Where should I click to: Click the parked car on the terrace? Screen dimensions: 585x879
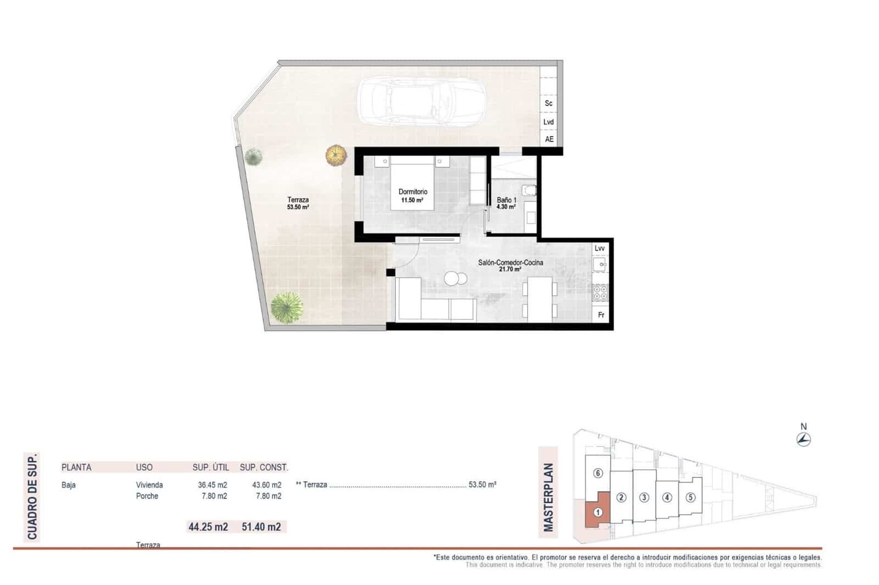point(422,101)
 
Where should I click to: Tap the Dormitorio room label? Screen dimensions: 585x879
point(413,195)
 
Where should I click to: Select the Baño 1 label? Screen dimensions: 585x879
point(506,203)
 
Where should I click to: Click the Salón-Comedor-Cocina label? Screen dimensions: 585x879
point(510,266)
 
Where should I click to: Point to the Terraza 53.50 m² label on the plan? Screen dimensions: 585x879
point(298,204)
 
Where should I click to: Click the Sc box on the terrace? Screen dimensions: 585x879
point(548,103)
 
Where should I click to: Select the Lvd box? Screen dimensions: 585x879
point(548,122)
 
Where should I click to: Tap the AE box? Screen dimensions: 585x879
point(549,139)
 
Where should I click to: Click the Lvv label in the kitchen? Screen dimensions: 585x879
point(599,249)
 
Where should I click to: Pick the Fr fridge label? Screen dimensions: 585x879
point(600,315)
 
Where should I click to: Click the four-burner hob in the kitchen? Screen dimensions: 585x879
point(600,292)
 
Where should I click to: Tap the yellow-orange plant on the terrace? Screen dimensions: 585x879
point(336,155)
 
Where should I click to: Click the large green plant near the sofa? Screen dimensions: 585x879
point(287,307)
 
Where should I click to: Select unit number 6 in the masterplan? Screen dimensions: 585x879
point(599,473)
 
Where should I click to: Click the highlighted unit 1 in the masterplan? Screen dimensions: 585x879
point(599,512)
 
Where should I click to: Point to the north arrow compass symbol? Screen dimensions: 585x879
point(804,438)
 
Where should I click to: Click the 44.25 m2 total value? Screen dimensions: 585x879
point(208,527)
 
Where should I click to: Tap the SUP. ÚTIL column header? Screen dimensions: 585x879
point(210,468)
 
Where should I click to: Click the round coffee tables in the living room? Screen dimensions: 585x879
point(455,279)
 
